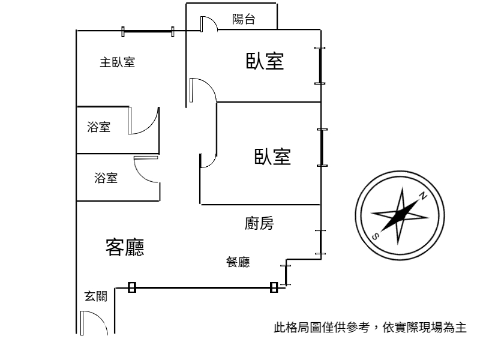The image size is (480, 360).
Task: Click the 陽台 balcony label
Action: pyautogui.click(x=244, y=19)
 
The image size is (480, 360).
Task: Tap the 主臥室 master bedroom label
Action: pyautogui.click(x=117, y=62)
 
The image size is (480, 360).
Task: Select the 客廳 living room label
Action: pyautogui.click(x=125, y=247)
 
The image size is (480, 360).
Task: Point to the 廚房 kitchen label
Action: pyautogui.click(x=259, y=223)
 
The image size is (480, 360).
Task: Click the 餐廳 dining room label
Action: pyautogui.click(x=238, y=262)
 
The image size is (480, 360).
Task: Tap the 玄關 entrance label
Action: pyautogui.click(x=96, y=296)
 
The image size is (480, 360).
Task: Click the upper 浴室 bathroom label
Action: pyautogui.click(x=98, y=127)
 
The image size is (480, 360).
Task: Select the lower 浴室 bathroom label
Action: pyautogui.click(x=106, y=178)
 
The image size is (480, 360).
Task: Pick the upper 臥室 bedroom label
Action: pyautogui.click(x=265, y=61)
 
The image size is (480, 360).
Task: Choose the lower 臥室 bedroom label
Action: pyautogui.click(x=272, y=157)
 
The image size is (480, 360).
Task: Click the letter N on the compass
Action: pyautogui.click(x=423, y=196)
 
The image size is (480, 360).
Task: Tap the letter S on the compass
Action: pyautogui.click(x=376, y=236)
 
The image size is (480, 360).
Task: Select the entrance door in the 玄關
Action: pyautogui.click(x=94, y=323)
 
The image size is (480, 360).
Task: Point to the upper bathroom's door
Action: pyautogui.click(x=143, y=121)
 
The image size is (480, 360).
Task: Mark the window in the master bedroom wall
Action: pyautogui.click(x=148, y=32)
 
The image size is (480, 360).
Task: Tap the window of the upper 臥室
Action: pyautogui.click(x=320, y=65)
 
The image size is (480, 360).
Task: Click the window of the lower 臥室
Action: pyautogui.click(x=322, y=148)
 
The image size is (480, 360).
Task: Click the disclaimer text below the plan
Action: pyautogui.click(x=370, y=327)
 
